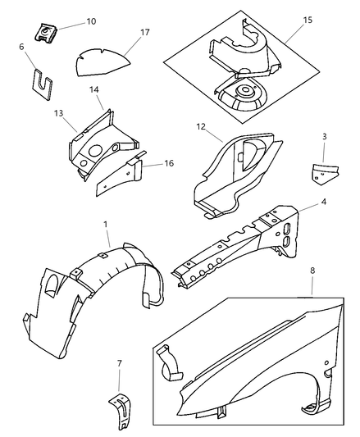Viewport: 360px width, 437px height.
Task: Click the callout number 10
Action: pyautogui.click(x=91, y=21)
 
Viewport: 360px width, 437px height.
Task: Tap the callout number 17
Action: pyautogui.click(x=145, y=33)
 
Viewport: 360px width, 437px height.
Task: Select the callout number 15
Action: pyautogui.click(x=308, y=20)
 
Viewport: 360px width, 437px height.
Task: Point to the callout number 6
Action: pyautogui.click(x=22, y=47)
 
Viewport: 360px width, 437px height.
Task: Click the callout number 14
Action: pyautogui.click(x=94, y=89)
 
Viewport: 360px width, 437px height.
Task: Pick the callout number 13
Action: pyautogui.click(x=58, y=113)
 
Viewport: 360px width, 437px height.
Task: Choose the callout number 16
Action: pyautogui.click(x=169, y=163)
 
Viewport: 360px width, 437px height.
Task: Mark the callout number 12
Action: pyautogui.click(x=201, y=127)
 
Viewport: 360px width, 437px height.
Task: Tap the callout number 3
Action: pyautogui.click(x=324, y=137)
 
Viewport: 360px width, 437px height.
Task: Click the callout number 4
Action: pyautogui.click(x=323, y=202)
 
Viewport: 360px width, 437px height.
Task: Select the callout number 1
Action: pyautogui.click(x=106, y=225)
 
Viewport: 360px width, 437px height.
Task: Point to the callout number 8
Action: pyautogui.click(x=312, y=271)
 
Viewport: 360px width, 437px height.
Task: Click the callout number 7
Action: pyautogui.click(x=120, y=363)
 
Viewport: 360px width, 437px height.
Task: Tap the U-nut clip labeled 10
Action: pyautogui.click(x=46, y=33)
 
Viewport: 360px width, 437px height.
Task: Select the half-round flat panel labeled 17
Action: pyautogui.click(x=103, y=62)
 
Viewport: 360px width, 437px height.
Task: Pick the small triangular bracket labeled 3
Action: pyautogui.click(x=324, y=174)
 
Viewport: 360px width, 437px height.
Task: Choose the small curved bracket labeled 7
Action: pyautogui.click(x=121, y=410)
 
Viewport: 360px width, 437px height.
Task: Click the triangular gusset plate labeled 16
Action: pyautogui.click(x=120, y=174)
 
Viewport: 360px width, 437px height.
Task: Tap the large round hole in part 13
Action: pyautogui.click(x=95, y=151)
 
